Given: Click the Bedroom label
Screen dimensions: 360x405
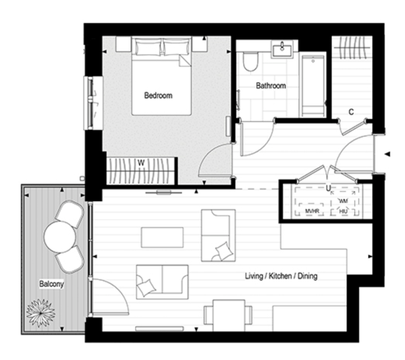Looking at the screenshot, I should [158, 96].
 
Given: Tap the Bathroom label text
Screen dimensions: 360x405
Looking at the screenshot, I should [271, 86].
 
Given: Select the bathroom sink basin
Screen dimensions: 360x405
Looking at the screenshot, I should [284, 49].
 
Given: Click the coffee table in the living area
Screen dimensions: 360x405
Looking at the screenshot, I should [162, 237].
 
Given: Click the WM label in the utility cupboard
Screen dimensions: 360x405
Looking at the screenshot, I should [343, 200].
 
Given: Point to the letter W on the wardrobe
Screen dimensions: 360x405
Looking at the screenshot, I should [141, 162].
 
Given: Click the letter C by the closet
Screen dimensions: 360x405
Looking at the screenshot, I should [351, 112].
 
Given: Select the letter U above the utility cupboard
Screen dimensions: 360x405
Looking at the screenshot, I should [327, 188].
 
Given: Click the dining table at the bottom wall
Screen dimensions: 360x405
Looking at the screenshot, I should [228, 315].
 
